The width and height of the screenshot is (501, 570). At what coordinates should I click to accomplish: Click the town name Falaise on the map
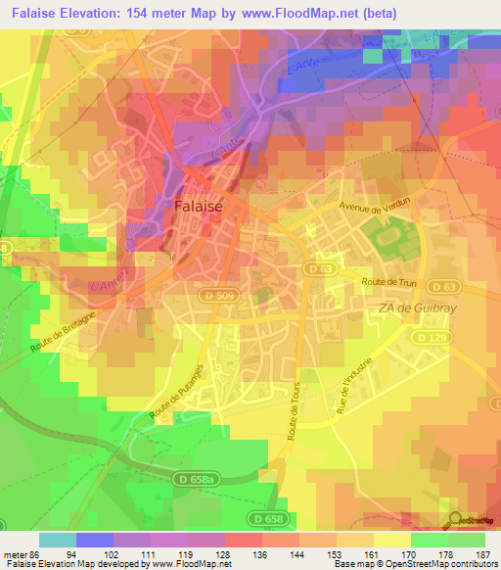(x=200, y=207)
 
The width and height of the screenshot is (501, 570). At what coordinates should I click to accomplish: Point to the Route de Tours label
(x=293, y=406)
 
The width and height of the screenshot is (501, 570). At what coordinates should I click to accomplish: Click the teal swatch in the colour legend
(x=57, y=540)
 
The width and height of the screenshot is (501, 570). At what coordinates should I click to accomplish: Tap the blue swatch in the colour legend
(x=94, y=540)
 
